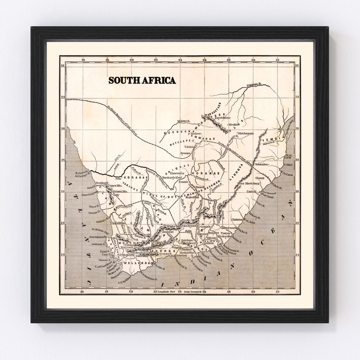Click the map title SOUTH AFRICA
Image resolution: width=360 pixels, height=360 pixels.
click(142, 80)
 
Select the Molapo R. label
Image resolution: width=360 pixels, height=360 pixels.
click(184, 122)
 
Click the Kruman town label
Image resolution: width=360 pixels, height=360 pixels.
click(185, 153)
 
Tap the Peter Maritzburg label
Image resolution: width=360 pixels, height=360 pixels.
click(248, 184)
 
